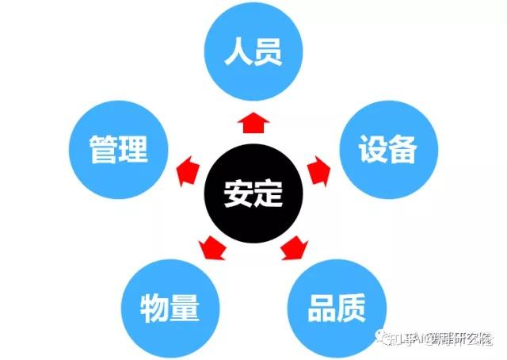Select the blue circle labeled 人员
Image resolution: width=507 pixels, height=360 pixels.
pyautogui.click(x=253, y=54)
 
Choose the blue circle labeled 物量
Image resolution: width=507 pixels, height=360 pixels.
pyautogui.click(x=170, y=307)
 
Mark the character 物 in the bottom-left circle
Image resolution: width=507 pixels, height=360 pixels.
pyautogui.click(x=154, y=307)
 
